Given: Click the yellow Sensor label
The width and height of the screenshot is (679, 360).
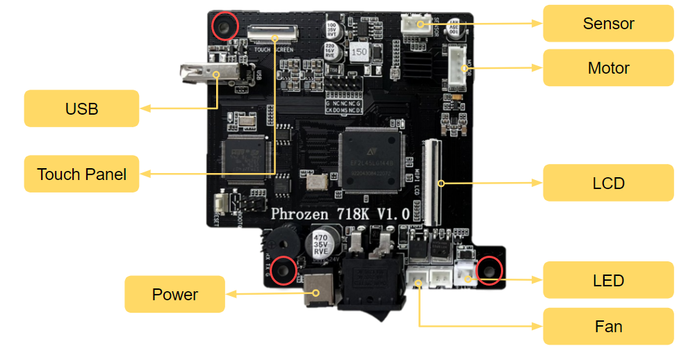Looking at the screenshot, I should [608, 24].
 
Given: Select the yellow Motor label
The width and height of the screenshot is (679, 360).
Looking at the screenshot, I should [608, 68].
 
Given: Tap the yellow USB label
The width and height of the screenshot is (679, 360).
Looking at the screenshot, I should [81, 109].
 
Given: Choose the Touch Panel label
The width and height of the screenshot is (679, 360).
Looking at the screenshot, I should [81, 174].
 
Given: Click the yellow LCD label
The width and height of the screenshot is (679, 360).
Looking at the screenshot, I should [608, 183].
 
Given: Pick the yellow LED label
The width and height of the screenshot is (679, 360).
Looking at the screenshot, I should [608, 281].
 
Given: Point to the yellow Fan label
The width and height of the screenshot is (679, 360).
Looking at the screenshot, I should [608, 327].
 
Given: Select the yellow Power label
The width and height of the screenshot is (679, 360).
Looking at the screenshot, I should [174, 295].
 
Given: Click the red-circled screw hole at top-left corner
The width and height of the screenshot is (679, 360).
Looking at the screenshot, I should [224, 27].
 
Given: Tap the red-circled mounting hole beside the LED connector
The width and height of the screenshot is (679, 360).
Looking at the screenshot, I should [490, 270].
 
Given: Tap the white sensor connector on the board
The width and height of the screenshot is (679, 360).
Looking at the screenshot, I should [416, 24].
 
